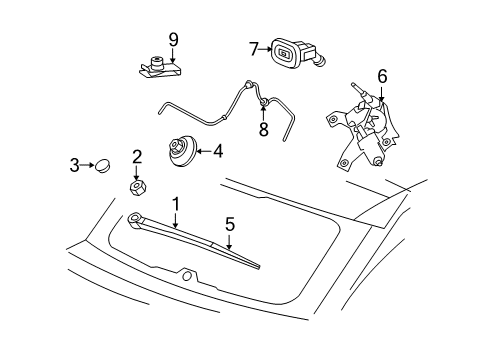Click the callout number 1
(x=176, y=204)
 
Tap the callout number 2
(x=137, y=156)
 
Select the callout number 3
(x=74, y=165)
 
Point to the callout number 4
(x=217, y=152)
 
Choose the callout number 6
(x=381, y=75)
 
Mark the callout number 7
(x=254, y=47)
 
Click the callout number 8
(x=263, y=130)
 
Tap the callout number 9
(x=172, y=39)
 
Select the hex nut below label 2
(x=137, y=186)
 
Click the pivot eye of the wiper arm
(x=134, y=219)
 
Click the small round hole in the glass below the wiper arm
(x=186, y=275)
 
